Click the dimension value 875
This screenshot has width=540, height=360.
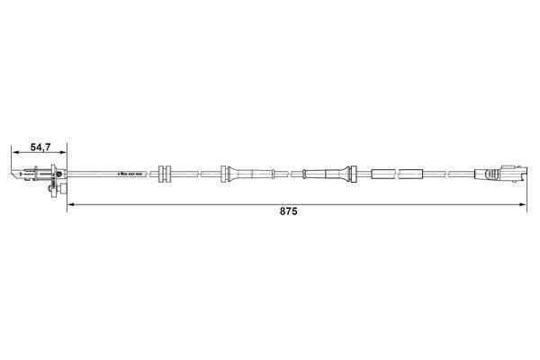289,215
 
